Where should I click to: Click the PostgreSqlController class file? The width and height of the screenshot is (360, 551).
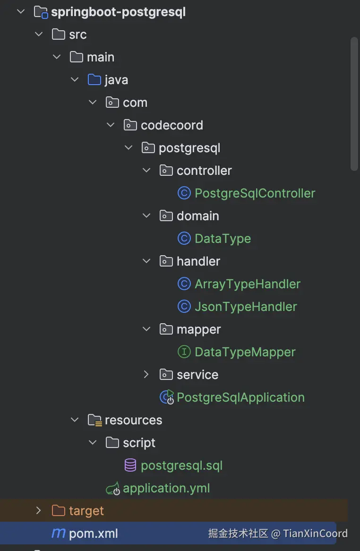point(255,193)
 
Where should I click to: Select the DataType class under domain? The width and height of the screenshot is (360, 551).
point(223,239)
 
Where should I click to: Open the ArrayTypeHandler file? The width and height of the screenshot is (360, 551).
point(247,284)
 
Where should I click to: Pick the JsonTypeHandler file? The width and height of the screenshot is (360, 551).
point(246,307)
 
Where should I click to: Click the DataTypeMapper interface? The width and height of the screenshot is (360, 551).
point(245,352)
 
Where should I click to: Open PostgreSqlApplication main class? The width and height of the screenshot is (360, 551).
point(240,397)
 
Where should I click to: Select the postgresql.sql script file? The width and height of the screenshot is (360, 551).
point(181,465)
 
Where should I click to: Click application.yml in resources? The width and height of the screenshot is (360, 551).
point(166,488)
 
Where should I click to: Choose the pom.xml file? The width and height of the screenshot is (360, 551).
point(93,534)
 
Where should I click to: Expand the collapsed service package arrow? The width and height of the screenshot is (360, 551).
point(146,375)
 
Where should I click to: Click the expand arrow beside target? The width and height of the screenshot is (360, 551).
point(39,510)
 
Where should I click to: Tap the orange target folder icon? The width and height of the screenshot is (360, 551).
point(58,511)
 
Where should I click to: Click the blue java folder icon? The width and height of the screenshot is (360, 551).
point(94,80)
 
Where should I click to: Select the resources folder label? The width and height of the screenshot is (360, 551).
point(133,420)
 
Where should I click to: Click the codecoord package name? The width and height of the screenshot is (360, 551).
point(171,125)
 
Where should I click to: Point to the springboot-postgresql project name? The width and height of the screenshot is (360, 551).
point(118,12)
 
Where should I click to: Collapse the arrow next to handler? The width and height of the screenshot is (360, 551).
point(146,261)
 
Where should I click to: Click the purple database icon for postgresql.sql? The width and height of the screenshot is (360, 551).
point(130,465)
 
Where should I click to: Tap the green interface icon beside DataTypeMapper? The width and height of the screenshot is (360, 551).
point(184,352)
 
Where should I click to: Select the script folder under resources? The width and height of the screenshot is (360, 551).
point(139,443)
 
